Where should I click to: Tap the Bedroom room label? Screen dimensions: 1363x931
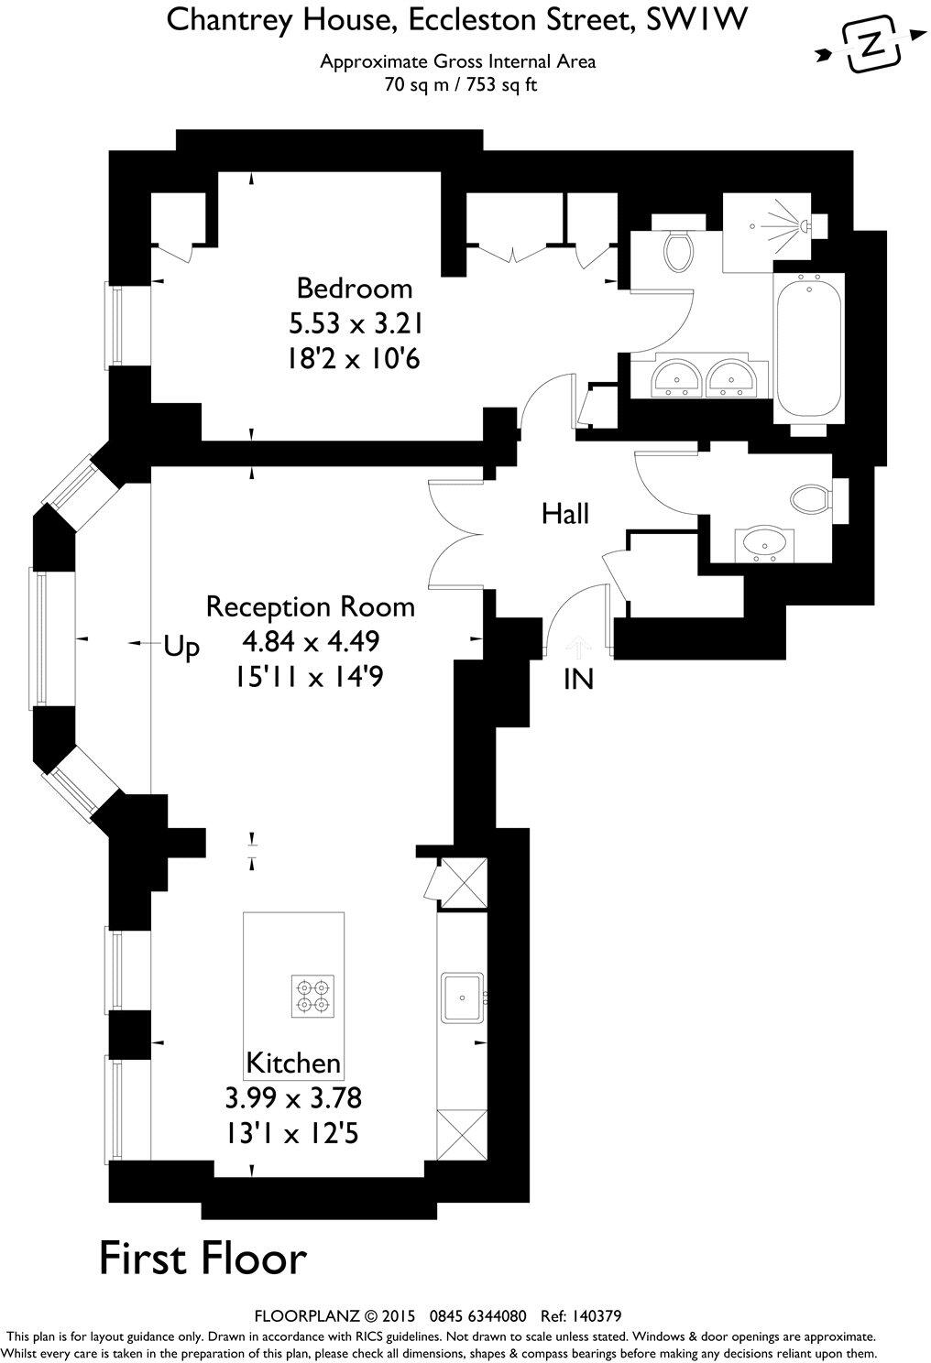[354, 289]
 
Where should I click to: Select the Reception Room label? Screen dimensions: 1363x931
[310, 606]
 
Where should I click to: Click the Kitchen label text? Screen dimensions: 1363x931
[293, 1063]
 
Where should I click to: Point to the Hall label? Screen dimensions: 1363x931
[565, 513]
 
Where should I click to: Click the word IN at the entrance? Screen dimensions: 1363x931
[578, 679]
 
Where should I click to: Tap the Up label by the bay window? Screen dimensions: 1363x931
[181, 648]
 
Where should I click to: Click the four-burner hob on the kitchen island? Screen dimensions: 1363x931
[312, 997]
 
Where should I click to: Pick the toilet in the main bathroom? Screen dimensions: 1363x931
[679, 245]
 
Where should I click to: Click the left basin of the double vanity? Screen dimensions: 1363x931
[678, 376]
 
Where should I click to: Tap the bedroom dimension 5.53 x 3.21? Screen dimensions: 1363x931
[356, 323]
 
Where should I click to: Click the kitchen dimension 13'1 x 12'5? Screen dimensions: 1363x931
[292, 1133]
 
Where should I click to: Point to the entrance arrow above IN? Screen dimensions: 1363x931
[577, 648]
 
